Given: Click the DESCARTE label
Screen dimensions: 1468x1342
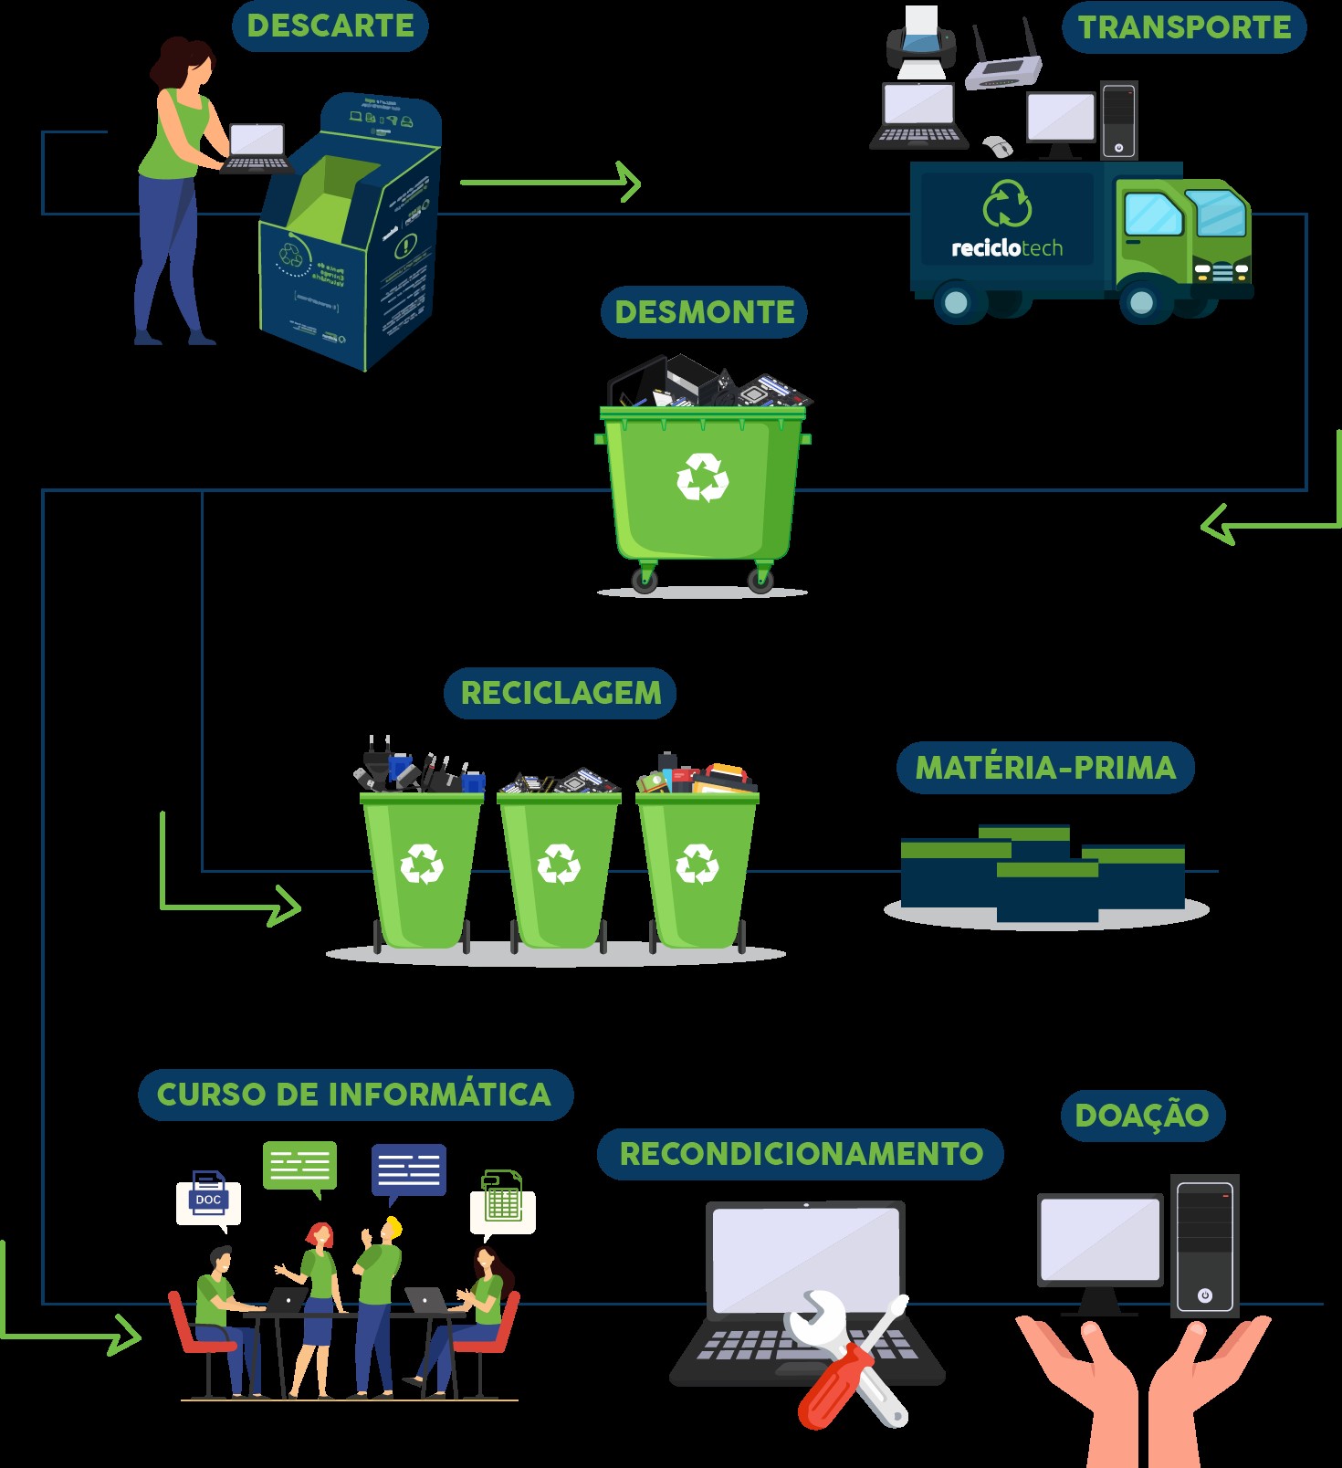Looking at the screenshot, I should pos(330,26).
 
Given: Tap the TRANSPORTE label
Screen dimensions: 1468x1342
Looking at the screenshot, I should pos(1184,27).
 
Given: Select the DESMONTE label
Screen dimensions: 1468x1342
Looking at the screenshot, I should pos(704,312).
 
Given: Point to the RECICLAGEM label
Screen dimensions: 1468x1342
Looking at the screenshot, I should pos(561,693).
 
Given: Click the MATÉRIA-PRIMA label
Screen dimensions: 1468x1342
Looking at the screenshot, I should pos(1045,768).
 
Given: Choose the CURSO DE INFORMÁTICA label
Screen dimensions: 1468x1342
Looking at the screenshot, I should pos(354,1095).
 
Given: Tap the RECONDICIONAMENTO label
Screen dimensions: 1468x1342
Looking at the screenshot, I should pos(801,1154).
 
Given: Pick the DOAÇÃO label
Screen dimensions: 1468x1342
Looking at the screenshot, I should pos(1142,1116).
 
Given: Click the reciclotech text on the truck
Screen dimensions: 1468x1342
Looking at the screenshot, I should pos(1007,248).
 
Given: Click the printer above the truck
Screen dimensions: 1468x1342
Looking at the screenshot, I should pos(921,42).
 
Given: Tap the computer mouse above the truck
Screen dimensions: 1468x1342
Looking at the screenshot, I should pos(998,146).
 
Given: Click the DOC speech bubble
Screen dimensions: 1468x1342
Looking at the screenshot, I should pos(208,1201).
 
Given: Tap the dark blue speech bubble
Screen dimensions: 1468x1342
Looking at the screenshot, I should pos(408,1169).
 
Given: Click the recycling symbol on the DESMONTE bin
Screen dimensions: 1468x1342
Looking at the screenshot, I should pos(702,477).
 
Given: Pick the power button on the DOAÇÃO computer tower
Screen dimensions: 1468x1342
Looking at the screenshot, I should pos(1205,1295).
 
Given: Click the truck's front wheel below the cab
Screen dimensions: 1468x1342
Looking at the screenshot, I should pos(1140,301).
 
